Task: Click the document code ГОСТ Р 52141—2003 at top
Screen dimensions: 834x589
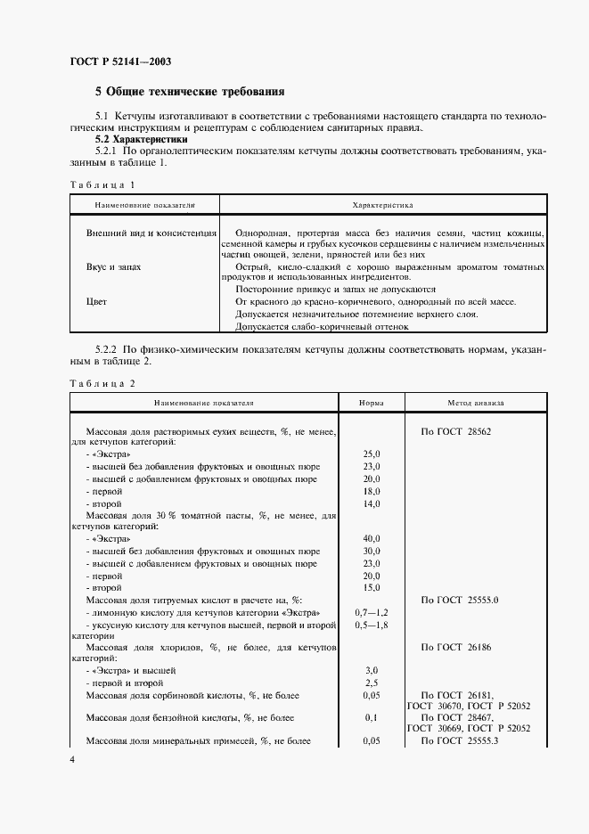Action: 120,61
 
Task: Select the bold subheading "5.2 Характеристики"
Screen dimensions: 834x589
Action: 142,140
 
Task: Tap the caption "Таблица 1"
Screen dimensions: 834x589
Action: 102,185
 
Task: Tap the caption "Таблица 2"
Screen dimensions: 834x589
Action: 102,382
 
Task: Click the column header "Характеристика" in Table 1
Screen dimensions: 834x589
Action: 382,205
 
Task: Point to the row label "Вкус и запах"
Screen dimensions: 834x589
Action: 113,266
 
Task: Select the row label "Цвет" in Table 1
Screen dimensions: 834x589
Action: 96,302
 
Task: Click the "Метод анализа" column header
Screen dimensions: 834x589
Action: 476,403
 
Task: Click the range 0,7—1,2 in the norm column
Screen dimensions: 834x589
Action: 372,613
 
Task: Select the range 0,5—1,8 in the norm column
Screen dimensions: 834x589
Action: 372,625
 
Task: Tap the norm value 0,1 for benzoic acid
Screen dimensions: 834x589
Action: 372,717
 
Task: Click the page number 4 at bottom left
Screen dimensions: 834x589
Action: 72,760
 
